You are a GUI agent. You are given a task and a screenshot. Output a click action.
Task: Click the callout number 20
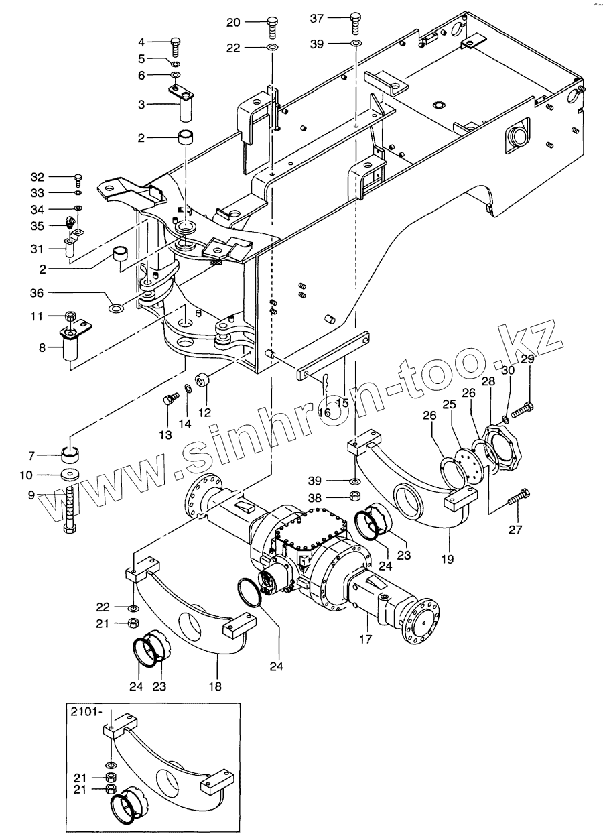tap(233, 22)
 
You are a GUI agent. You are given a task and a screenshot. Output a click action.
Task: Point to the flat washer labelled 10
tap(70, 475)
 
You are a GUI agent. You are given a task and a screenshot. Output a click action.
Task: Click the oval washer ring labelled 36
tap(116, 309)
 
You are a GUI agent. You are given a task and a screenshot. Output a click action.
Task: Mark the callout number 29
tap(528, 359)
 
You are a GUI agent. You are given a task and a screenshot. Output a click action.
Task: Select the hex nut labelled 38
tap(356, 497)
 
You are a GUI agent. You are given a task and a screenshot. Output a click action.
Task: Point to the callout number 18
tap(214, 686)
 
